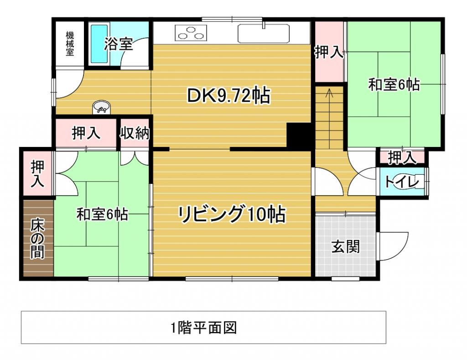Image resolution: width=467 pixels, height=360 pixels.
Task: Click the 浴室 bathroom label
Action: tap(118, 44)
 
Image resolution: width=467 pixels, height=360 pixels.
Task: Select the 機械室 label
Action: tap(69, 43)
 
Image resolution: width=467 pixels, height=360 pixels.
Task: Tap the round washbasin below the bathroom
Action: tap(101, 108)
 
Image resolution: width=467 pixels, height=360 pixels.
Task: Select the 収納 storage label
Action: tap(135, 133)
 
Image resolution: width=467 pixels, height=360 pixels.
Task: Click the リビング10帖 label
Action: tap(232, 214)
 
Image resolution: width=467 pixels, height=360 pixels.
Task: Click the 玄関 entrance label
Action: tap(345, 246)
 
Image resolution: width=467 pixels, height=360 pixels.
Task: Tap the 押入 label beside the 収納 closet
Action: tap(86, 133)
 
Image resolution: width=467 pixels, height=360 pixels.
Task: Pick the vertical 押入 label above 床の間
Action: tap(37, 174)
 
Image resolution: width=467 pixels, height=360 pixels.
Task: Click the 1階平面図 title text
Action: tap(203, 327)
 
